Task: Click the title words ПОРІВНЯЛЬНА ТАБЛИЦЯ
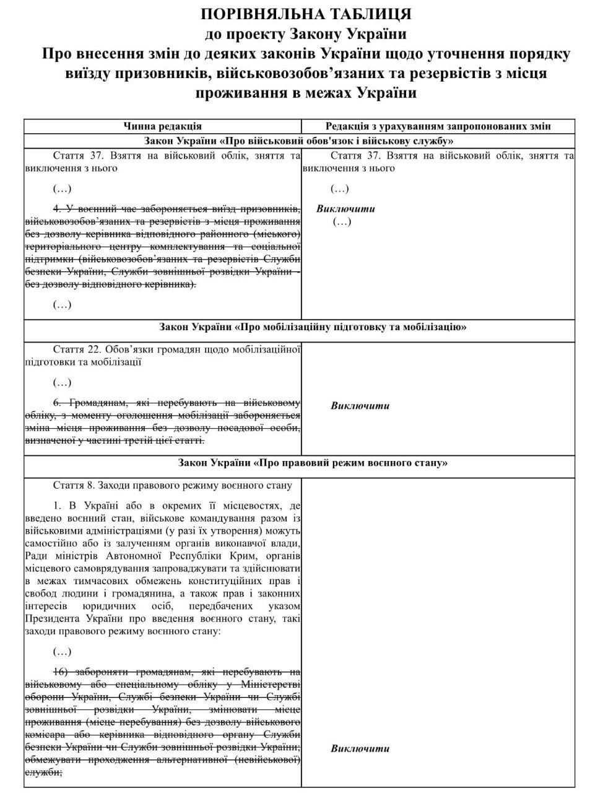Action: tap(306, 14)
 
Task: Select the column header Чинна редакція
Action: tap(162, 126)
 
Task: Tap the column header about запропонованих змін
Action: tap(438, 126)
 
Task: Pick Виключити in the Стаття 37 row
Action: tap(345, 208)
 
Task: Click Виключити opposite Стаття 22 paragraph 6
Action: tap(360, 406)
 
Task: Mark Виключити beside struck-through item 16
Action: tap(360, 748)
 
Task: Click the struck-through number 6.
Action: tap(56, 401)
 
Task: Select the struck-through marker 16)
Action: tap(60, 672)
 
